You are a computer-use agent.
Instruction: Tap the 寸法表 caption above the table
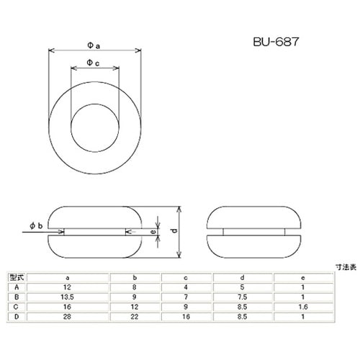point(345,267)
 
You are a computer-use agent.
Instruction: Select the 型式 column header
point(16,276)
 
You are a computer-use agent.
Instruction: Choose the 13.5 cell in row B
point(67,295)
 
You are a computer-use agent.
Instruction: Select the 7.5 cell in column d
point(244,295)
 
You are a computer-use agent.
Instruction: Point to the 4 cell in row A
point(186,286)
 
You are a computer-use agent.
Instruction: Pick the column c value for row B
point(186,295)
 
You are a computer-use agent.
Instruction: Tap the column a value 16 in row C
point(67,305)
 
